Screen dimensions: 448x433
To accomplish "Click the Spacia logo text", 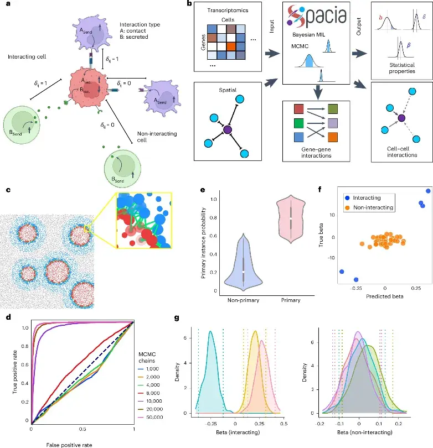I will (313, 20).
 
